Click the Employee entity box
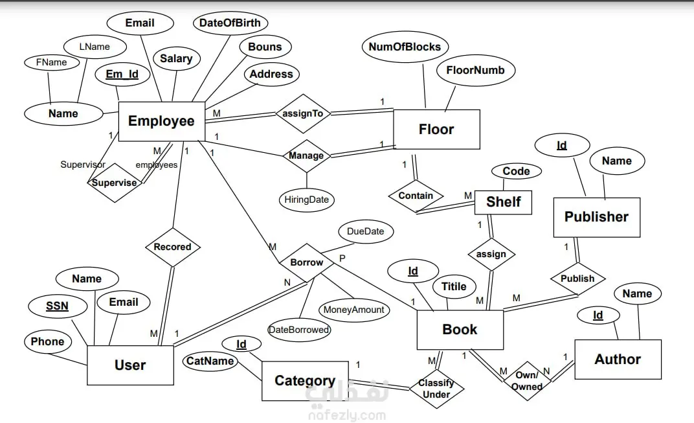[x=161, y=121]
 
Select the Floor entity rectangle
[x=436, y=130]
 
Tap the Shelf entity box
[x=503, y=202]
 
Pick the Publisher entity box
[x=596, y=217]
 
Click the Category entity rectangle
[x=304, y=381]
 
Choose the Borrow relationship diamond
[x=306, y=262]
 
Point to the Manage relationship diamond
[x=306, y=155]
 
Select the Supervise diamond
[x=115, y=183]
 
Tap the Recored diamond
[x=172, y=247]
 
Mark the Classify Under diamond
[x=436, y=388]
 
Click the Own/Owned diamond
[x=526, y=381]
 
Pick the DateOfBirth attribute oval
[x=230, y=23]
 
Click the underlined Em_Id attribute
[x=122, y=74]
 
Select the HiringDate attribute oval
[x=307, y=200]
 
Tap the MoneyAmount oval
[x=354, y=310]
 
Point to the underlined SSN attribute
[x=57, y=306]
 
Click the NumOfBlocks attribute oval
[x=405, y=47]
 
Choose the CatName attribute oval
[x=210, y=361]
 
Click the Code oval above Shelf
[x=516, y=172]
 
